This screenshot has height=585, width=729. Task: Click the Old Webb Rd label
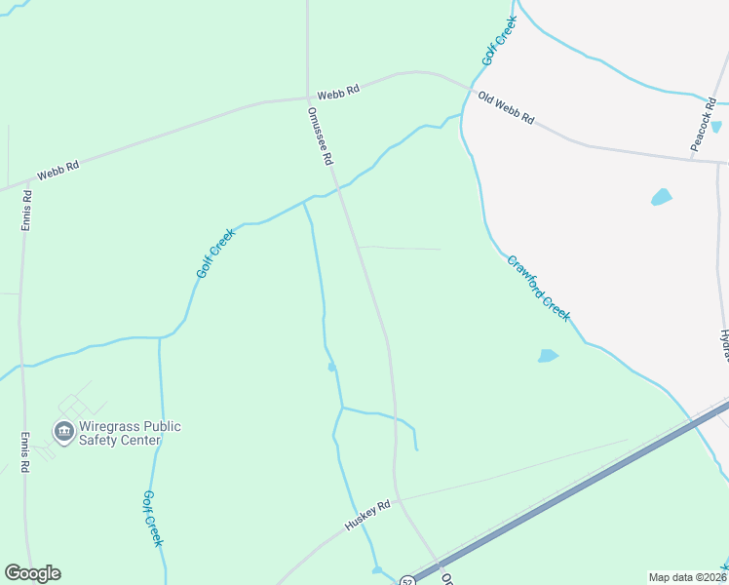[506, 107]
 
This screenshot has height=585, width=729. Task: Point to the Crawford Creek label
[538, 288]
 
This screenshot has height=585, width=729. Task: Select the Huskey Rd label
[367, 516]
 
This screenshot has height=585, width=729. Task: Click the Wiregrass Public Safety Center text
[130, 433]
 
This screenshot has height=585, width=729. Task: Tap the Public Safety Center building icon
[64, 431]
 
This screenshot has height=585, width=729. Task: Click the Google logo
[32, 573]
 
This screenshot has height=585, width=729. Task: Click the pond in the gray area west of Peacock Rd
[662, 197]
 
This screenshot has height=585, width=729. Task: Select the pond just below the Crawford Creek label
[549, 356]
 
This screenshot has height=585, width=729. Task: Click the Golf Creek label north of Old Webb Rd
[498, 41]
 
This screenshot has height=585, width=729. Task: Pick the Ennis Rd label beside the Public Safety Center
[25, 452]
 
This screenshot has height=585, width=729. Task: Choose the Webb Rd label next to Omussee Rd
[339, 90]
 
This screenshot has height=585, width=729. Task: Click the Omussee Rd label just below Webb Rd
[321, 136]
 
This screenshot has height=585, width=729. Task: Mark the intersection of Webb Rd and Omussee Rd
[309, 97]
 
